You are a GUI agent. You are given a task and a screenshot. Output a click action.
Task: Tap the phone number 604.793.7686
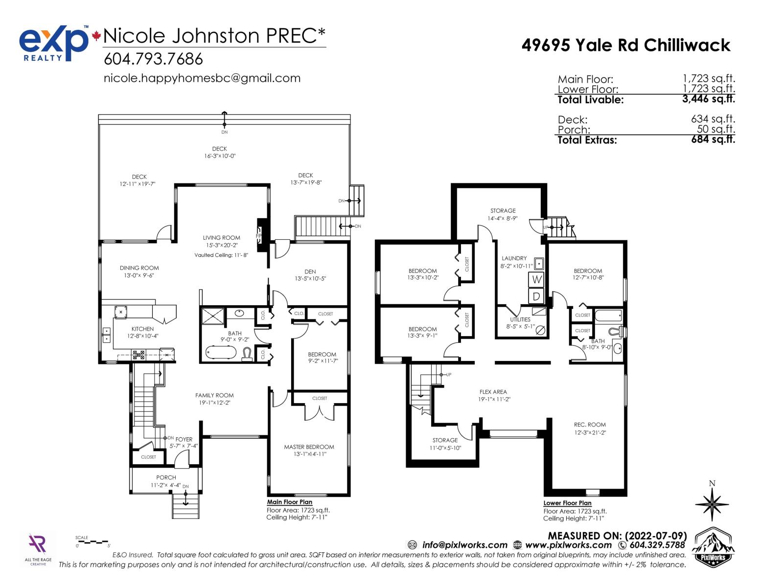point(153,59)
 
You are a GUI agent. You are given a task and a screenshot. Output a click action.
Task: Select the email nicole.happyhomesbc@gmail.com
point(202,78)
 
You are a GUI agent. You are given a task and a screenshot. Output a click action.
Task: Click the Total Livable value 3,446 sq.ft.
point(708,99)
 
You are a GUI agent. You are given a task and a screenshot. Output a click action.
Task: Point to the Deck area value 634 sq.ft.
point(713,119)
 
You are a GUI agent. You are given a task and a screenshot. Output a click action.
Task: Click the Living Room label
point(221,238)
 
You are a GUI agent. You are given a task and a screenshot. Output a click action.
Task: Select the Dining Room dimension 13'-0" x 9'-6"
point(139,275)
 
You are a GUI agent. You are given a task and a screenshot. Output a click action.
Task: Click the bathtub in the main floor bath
point(220,352)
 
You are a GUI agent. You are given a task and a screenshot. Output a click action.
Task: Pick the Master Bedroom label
point(309,447)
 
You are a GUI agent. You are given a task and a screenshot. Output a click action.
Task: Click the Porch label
point(166,477)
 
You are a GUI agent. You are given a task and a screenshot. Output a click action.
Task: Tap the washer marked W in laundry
point(536,279)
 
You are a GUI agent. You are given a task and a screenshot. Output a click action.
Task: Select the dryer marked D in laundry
point(536,296)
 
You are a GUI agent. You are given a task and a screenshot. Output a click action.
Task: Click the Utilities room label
point(520,319)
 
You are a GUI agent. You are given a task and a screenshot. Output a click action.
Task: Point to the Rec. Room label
point(590,425)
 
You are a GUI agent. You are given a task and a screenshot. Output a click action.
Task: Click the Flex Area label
point(493,392)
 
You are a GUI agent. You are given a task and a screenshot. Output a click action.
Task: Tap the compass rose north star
point(712,504)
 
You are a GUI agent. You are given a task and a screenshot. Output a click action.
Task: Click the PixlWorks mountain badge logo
point(713,547)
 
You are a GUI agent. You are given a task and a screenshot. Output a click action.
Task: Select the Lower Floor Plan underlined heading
point(567,503)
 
